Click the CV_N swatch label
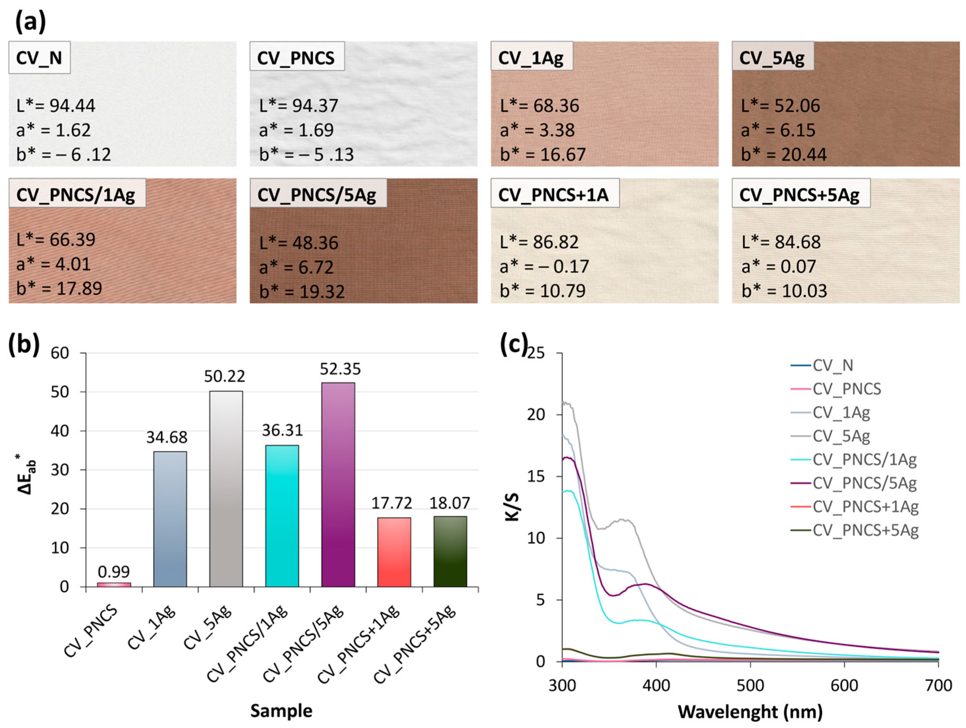pyautogui.click(x=39, y=58)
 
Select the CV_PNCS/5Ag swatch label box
pyautogui.click(x=317, y=194)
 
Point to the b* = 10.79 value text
pyautogui.click(x=543, y=290)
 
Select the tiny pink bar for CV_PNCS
pyautogui.click(x=114, y=584)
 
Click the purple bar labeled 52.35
pyautogui.click(x=338, y=485)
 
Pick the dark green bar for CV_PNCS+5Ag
pyautogui.click(x=450, y=551)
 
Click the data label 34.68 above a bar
pyautogui.click(x=167, y=437)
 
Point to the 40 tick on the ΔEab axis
pyautogui.click(x=60, y=431)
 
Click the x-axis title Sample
pyautogui.click(x=281, y=711)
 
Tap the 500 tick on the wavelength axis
pyautogui.click(x=750, y=685)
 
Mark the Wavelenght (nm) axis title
pyautogui.click(x=750, y=711)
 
